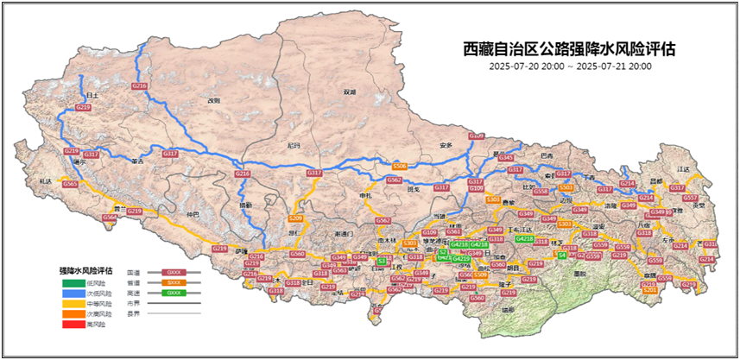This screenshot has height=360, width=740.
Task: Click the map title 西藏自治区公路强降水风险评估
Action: pyautogui.click(x=569, y=49)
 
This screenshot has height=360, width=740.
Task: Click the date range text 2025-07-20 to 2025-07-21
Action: pyautogui.click(x=569, y=66)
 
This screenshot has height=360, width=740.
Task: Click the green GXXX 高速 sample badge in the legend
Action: pyautogui.click(x=174, y=294)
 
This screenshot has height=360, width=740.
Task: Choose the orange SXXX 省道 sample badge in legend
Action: pyautogui.click(x=174, y=282)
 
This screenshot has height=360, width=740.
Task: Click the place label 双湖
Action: pyautogui.click(x=349, y=92)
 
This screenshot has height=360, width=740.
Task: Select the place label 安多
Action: pyautogui.click(x=446, y=144)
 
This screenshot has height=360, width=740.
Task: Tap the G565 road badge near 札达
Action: pyautogui.click(x=71, y=184)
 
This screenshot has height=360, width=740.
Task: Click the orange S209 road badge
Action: pyautogui.click(x=294, y=218)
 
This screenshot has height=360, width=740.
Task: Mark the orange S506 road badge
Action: pyautogui.click(x=399, y=165)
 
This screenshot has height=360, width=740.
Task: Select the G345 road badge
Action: pyautogui.click(x=507, y=158)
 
